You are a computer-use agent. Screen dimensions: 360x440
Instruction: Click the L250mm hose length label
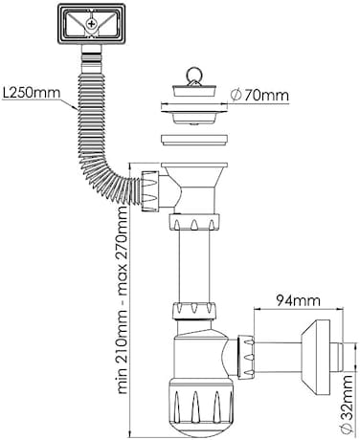coord(32,93)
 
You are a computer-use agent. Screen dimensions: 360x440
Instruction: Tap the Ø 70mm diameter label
coord(259,95)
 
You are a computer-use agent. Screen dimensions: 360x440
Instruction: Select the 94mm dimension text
coord(298,300)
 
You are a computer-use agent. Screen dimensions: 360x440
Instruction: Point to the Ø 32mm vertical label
coord(346,404)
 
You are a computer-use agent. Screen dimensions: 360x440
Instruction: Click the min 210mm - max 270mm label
coord(123,299)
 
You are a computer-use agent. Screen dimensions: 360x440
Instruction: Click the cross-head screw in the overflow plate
coord(92,23)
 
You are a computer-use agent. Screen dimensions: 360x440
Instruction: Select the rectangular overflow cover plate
coord(92,24)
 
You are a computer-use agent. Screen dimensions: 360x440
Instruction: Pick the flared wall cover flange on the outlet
coord(315,357)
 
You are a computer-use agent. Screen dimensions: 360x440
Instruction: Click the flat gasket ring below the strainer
coord(194,140)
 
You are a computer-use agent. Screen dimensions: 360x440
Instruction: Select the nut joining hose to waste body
coord(150,191)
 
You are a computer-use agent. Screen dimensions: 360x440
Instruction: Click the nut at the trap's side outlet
coord(246,357)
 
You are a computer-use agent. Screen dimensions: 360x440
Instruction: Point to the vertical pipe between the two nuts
coord(194,265)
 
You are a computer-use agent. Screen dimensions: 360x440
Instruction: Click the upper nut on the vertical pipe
coord(194,222)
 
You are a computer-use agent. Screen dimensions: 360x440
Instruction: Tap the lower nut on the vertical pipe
coord(194,311)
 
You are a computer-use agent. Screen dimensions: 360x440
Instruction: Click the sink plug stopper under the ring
coord(195,90)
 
